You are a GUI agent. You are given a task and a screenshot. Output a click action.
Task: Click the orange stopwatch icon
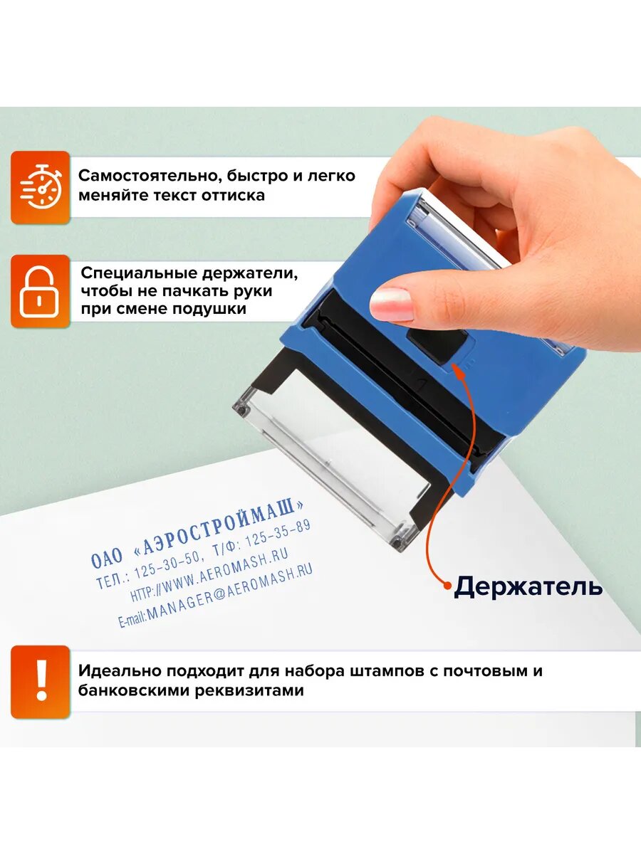click(x=40, y=187)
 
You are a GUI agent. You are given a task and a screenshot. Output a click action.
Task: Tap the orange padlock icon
click(x=40, y=291)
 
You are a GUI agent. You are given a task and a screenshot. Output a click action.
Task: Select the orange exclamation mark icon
click(x=41, y=681)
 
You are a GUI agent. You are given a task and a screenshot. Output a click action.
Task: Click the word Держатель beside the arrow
click(x=528, y=586)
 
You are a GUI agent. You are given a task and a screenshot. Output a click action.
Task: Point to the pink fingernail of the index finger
click(x=392, y=304)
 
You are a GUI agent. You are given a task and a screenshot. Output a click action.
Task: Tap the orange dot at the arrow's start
click(x=447, y=586)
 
